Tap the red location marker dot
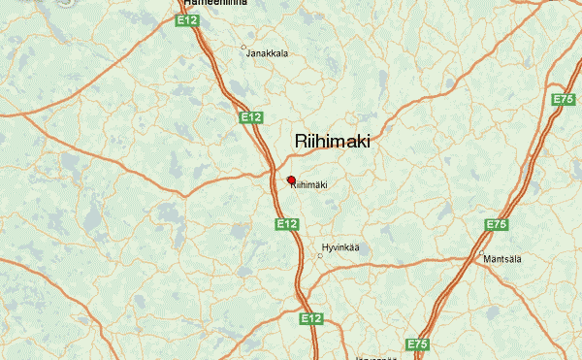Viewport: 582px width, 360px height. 291,180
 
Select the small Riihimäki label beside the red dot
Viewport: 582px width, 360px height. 309,185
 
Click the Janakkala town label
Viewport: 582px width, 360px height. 268,53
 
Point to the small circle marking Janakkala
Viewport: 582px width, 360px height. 243,47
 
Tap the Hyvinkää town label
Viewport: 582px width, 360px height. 339,247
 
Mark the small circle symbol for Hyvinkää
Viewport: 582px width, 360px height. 321,256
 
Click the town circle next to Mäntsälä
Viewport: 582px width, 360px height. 481,254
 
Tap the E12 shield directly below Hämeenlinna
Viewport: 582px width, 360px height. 186,18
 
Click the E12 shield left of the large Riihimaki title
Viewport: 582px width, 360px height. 251,117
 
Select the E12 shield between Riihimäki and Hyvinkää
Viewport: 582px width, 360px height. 286,224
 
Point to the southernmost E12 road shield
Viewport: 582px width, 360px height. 310,318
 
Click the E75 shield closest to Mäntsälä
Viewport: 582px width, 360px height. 497,226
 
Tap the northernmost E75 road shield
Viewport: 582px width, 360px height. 564,100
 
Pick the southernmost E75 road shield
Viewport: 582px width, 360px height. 418,344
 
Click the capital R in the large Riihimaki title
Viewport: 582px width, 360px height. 301,142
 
